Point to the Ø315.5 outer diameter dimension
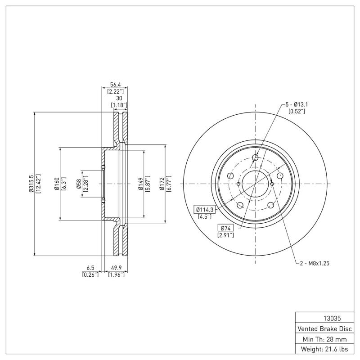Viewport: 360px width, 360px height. pos(31,184)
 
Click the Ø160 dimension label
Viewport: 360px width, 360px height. pos(57,184)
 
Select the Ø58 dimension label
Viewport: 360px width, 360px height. pos(78,184)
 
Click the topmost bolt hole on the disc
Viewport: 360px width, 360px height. pos(256,157)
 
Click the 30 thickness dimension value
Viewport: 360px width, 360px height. pos(119,98)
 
